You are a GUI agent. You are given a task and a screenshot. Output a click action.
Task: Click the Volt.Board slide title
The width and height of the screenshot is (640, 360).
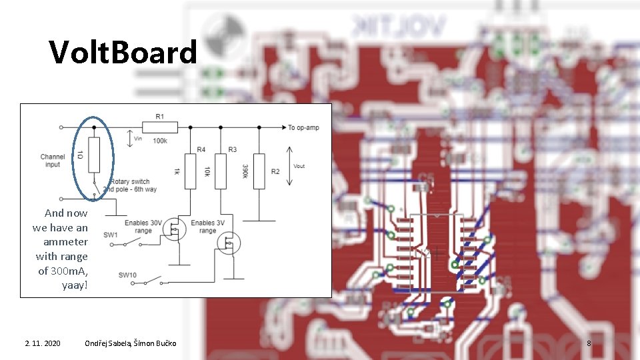123,52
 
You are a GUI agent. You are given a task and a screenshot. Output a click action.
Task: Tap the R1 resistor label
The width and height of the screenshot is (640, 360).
160,117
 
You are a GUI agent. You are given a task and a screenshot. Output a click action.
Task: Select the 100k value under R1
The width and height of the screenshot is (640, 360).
160,141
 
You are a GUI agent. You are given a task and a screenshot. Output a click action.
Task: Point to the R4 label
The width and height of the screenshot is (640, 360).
201,149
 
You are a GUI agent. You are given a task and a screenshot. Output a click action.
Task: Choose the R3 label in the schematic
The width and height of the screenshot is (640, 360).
232,149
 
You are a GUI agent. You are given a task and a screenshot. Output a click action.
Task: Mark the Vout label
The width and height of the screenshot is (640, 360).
299,166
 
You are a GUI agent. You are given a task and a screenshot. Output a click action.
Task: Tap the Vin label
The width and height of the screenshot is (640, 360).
138,139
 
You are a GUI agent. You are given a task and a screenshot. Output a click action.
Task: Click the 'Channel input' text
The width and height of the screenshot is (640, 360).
53,161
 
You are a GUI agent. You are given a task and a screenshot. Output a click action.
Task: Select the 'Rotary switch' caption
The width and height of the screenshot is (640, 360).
130,181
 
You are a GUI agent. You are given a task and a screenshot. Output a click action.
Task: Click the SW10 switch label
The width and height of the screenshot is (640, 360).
127,275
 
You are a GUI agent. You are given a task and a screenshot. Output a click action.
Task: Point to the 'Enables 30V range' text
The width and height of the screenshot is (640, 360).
143,227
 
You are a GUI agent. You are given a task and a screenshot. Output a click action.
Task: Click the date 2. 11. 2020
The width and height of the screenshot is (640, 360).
43,343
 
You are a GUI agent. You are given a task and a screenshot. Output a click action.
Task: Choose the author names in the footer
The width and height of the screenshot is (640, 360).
131,343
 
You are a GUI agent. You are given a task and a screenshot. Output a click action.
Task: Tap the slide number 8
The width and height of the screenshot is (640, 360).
589,343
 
